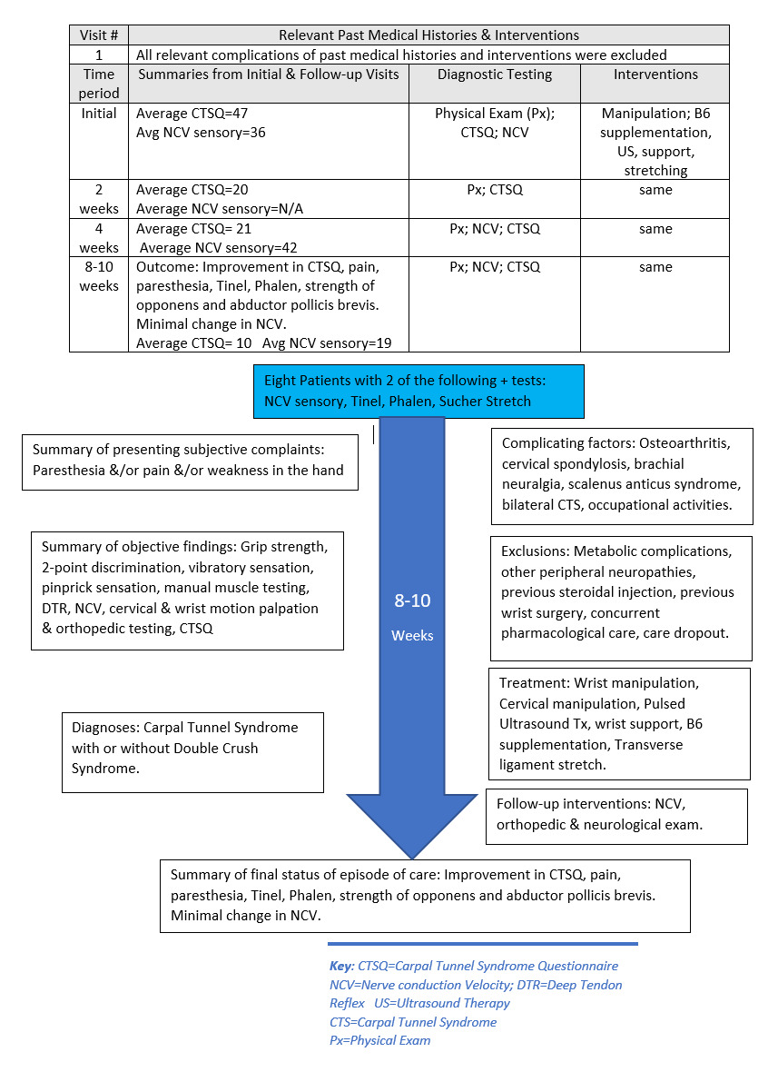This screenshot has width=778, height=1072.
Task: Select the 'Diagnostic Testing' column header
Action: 494,74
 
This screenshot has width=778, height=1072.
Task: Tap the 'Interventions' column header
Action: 655,74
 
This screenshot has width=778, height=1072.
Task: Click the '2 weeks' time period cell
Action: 99,199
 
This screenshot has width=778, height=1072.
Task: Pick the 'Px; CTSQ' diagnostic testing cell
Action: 494,191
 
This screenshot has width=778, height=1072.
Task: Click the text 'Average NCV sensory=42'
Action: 219,247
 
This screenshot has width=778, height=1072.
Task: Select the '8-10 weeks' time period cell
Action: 99,276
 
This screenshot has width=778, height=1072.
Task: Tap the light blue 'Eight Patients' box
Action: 419,391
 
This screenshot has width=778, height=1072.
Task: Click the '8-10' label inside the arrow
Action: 412,601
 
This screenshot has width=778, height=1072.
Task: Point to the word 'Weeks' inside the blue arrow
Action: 412,635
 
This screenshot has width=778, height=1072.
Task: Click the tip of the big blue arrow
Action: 413,855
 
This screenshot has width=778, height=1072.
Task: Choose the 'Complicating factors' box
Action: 622,475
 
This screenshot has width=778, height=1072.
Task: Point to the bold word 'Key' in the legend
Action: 341,966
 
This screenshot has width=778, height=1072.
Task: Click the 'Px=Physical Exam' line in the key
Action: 379,1040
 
